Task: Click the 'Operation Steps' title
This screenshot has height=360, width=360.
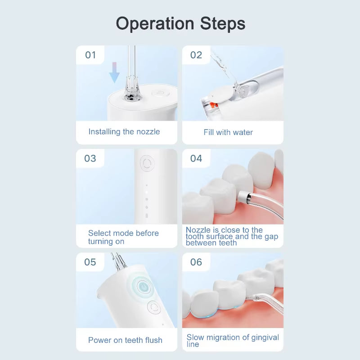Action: (x=180, y=23)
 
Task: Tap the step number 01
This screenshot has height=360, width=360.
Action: (x=90, y=55)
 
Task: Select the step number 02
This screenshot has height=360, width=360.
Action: (x=196, y=55)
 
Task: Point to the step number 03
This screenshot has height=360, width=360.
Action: (x=90, y=158)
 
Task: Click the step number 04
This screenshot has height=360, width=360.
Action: (x=196, y=158)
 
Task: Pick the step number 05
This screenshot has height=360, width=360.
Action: (x=90, y=262)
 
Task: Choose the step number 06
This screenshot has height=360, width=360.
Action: (x=196, y=262)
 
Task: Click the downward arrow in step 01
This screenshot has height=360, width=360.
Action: (x=115, y=73)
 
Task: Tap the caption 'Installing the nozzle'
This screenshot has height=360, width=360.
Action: (x=124, y=132)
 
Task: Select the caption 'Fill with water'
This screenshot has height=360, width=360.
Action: (x=228, y=132)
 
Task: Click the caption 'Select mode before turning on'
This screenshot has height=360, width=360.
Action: (x=123, y=237)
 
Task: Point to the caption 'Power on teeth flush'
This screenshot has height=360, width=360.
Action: (x=125, y=340)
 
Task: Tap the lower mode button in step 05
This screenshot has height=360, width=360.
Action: (x=154, y=308)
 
